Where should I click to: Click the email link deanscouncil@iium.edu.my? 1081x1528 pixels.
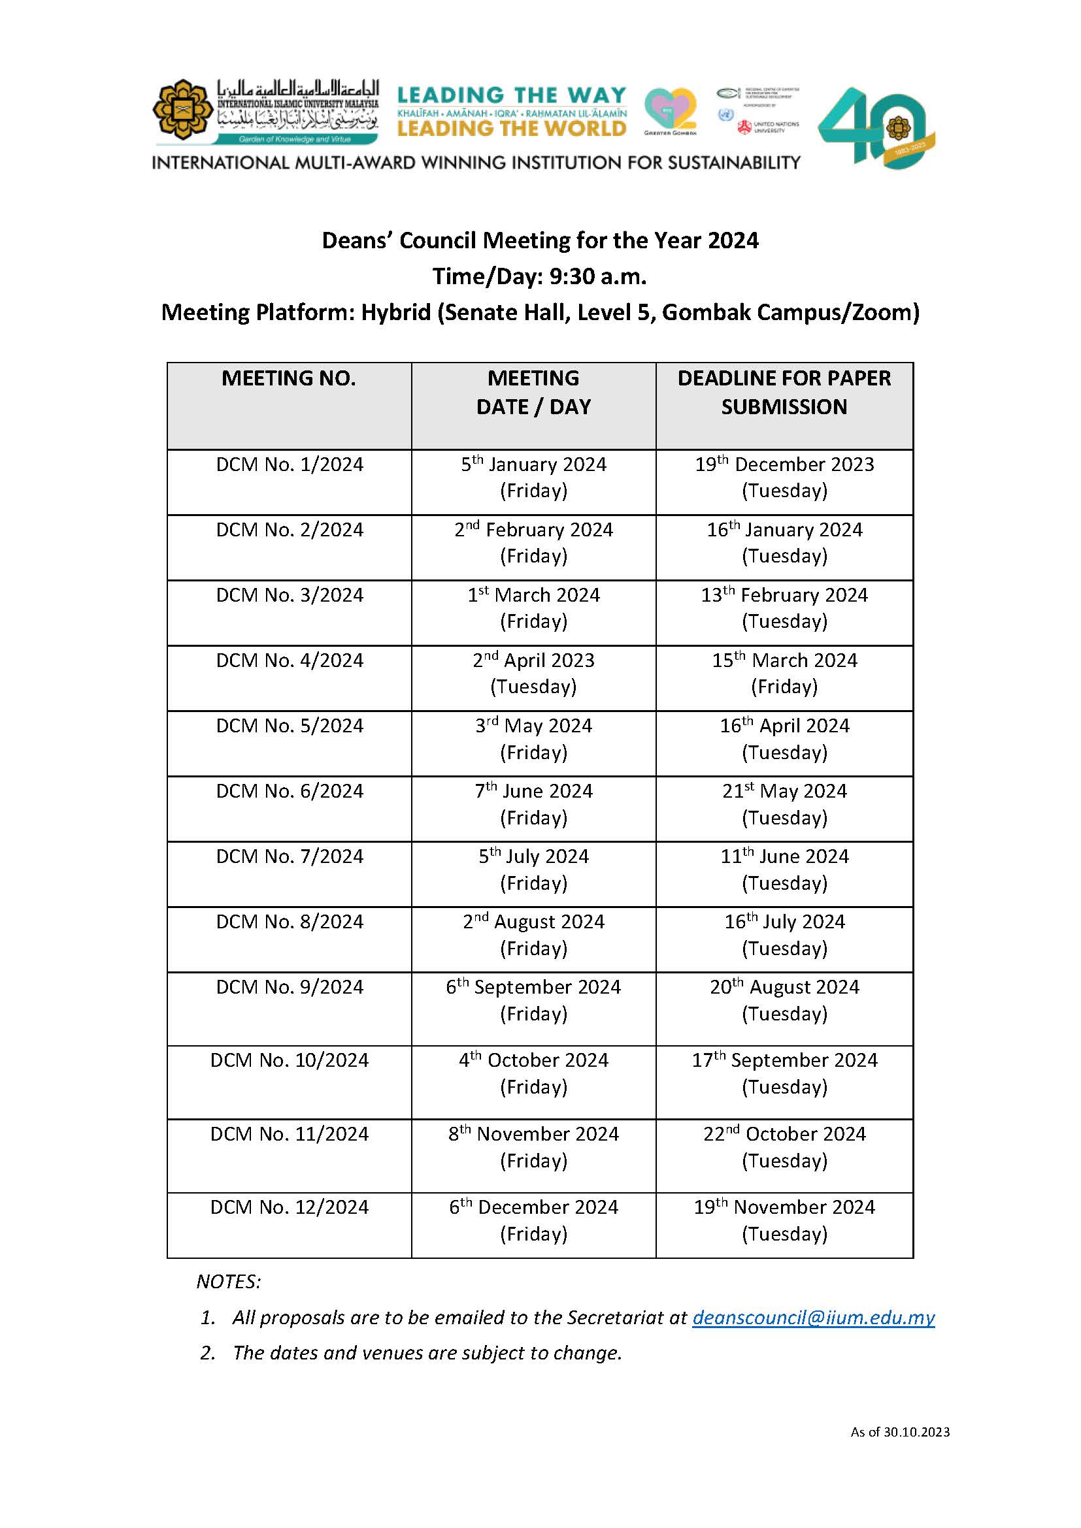813,1318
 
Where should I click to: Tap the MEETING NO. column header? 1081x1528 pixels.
288,378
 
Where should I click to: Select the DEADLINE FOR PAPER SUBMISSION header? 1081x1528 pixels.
784,392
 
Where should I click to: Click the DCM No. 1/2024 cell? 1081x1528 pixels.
289,464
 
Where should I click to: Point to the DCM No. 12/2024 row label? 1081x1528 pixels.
289,1207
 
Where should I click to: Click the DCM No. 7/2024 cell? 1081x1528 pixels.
289,856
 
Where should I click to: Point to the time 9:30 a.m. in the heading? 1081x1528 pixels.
597,276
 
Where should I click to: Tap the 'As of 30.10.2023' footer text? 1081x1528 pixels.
899,1431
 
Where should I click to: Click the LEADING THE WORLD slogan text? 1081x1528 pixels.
511,128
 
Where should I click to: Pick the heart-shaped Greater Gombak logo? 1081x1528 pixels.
669,110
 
